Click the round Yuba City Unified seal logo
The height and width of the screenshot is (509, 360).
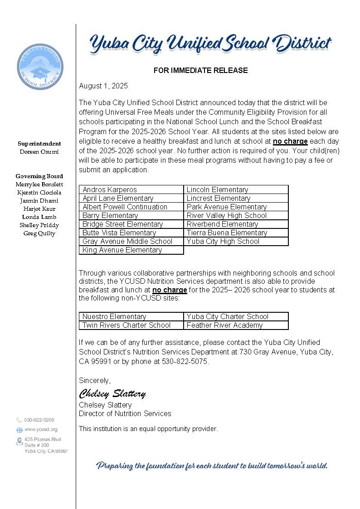tap(40, 67)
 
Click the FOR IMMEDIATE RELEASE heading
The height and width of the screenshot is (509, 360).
tap(200, 70)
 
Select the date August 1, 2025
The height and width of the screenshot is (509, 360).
tap(103, 86)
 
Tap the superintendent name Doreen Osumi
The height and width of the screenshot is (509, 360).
tap(39, 152)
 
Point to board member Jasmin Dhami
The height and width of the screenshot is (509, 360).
tap(39, 201)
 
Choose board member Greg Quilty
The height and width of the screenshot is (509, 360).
tap(39, 233)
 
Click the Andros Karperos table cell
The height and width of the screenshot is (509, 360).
tap(131, 189)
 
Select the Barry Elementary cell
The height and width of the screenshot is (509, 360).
tap(131, 215)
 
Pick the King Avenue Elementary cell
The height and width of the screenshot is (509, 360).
tap(131, 250)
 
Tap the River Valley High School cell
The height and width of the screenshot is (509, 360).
tap(236, 215)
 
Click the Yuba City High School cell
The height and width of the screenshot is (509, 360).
tap(236, 241)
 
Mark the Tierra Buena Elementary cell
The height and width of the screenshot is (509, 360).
tap(236, 233)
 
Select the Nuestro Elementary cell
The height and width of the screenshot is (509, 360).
tap(131, 316)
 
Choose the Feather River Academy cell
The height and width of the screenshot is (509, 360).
tap(236, 325)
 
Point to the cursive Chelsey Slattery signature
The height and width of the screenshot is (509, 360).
tap(112, 393)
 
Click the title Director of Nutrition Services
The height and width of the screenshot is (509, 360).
tap(125, 413)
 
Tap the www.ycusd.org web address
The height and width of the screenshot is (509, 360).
tap(41, 429)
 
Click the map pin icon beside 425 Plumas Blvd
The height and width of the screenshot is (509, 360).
tap(19, 441)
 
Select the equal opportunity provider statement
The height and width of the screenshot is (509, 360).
tap(148, 429)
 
